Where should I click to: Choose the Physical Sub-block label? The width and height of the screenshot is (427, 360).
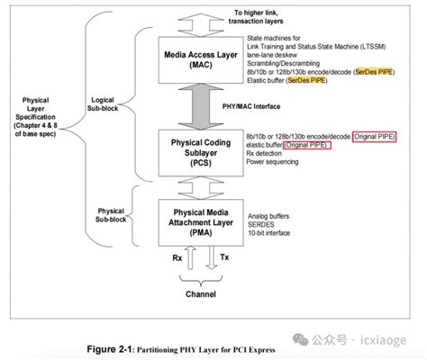point(111,215)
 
